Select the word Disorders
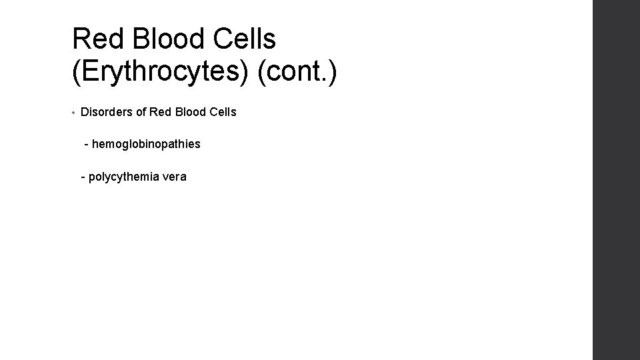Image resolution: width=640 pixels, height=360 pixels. click(x=106, y=112)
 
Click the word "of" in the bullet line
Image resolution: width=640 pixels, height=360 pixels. click(x=141, y=112)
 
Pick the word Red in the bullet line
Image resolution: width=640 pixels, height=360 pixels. click(x=161, y=112)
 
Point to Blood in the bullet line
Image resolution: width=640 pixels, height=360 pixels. click(x=190, y=112)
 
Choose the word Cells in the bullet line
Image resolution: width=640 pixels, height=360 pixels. click(x=222, y=112)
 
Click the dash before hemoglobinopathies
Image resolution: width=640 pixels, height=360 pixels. click(x=87, y=144)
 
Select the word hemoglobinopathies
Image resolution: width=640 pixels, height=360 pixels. click(x=146, y=144)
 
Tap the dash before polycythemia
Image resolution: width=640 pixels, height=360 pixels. click(x=83, y=177)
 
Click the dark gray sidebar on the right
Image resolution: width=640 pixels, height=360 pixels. click(x=616, y=180)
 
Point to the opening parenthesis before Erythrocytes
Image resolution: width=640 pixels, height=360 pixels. click(x=76, y=73)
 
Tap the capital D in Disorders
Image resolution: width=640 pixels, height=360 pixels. click(x=85, y=112)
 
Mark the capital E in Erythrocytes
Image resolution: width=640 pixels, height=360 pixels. click(x=89, y=73)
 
